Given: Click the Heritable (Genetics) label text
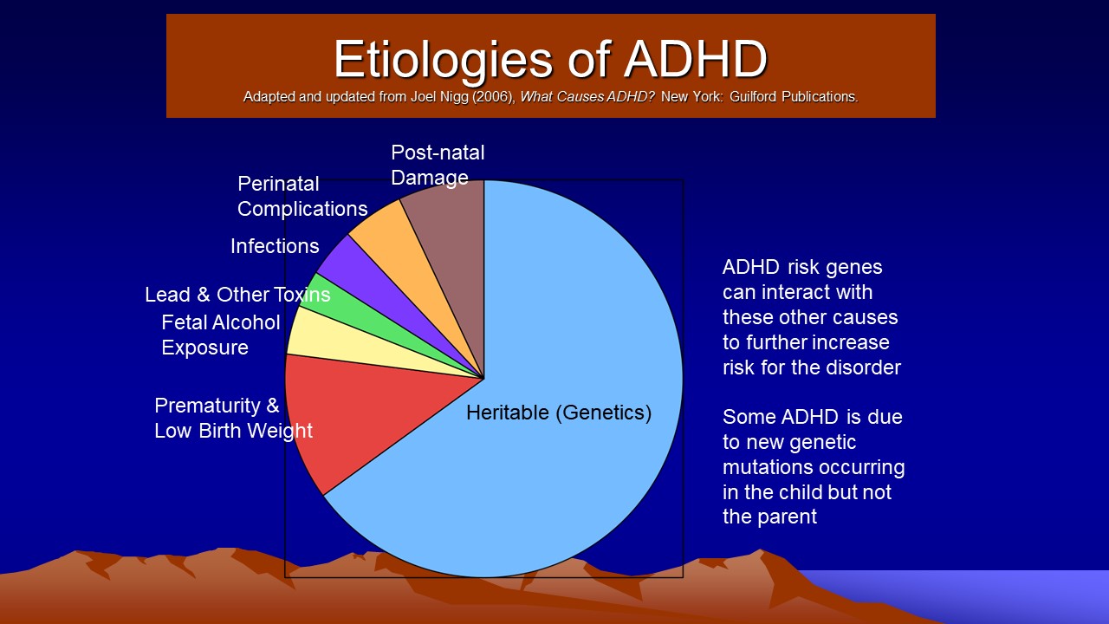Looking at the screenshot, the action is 559,413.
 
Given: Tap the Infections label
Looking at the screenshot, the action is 275,246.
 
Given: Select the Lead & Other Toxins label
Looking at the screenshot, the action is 237,295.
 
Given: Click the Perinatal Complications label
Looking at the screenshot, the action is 302,197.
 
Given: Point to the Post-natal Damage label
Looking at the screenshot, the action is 438,165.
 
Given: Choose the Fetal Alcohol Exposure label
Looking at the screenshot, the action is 221,335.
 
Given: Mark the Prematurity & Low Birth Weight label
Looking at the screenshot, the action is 233,419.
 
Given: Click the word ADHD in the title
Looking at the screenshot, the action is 696,59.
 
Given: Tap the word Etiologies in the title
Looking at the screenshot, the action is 443,61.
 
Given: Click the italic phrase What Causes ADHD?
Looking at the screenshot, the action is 587,96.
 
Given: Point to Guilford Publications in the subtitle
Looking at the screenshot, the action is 794,96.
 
